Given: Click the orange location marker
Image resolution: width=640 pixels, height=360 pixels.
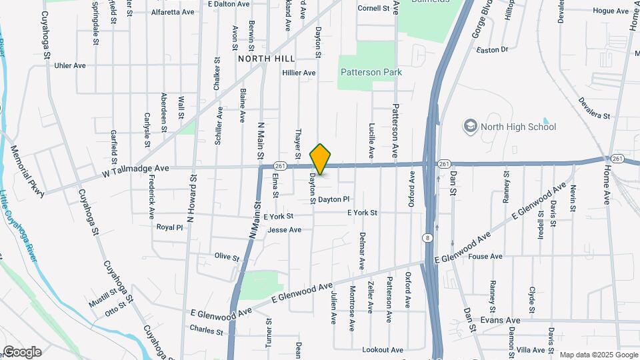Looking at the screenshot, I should pyautogui.click(x=321, y=159).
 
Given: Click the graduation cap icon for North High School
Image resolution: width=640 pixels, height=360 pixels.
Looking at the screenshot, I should pyautogui.click(x=471, y=126).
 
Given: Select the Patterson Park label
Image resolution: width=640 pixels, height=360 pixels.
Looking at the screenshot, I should pyautogui.click(x=366, y=72).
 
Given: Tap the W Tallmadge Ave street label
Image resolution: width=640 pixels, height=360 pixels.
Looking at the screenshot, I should pyautogui.click(x=136, y=172).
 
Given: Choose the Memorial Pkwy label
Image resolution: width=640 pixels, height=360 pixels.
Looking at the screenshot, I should pyautogui.click(x=27, y=171).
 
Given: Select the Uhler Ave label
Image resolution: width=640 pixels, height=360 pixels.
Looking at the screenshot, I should pyautogui.click(x=71, y=65).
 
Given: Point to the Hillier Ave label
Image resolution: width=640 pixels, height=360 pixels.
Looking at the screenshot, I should pyautogui.click(x=299, y=72).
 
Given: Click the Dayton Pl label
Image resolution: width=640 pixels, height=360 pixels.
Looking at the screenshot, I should pyautogui.click(x=333, y=199).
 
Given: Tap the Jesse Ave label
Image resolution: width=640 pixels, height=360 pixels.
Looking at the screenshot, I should pyautogui.click(x=284, y=230).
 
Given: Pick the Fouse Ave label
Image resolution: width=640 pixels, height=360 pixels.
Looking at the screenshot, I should pyautogui.click(x=485, y=256).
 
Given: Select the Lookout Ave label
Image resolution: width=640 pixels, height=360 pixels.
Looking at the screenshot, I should pyautogui.click(x=383, y=349).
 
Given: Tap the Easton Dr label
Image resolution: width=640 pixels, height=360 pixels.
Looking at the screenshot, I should pyautogui.click(x=493, y=49).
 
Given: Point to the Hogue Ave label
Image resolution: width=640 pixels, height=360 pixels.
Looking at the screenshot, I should pyautogui.click(x=611, y=11).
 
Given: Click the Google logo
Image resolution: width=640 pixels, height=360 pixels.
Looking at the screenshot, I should pyautogui.click(x=22, y=352).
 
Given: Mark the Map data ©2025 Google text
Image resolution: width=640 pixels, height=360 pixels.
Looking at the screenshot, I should pyautogui.click(x=598, y=355).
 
